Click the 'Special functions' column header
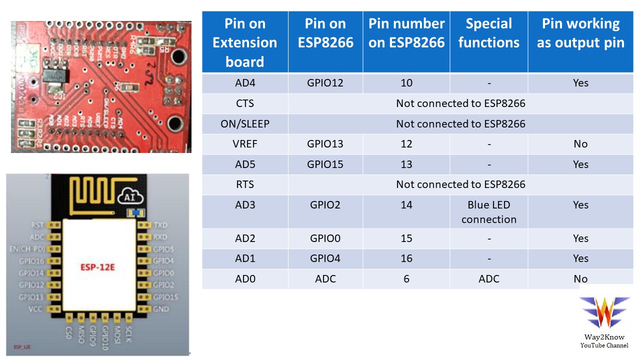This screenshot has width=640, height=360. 488,33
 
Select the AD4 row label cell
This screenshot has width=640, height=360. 245,83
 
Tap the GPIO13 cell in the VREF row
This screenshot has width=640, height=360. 325,144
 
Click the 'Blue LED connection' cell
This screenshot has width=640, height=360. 488,212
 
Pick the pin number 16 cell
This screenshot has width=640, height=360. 406,258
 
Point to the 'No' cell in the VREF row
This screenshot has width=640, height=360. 580,144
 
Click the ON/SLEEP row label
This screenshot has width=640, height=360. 245,124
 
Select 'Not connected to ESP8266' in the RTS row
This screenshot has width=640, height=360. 460,184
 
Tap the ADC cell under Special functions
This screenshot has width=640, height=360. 488,279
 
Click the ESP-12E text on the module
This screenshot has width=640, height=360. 98,267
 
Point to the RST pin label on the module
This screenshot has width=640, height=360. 37,225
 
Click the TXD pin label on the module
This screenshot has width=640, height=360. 160,225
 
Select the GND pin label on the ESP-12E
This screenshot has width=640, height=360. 160,309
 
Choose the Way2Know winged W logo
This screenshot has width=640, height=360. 604,312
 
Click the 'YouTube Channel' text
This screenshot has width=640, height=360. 604,345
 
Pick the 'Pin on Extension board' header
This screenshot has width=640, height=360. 245,42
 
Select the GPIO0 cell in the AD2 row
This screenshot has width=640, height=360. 325,238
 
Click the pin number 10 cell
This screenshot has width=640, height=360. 406,83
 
